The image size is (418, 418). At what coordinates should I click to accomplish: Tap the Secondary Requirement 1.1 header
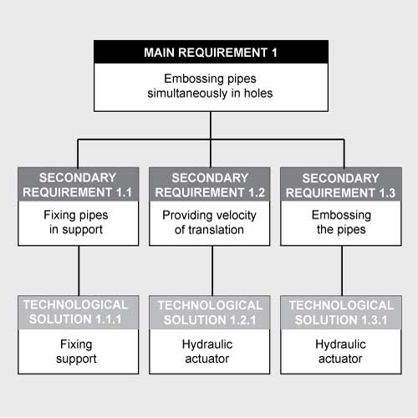[78, 184]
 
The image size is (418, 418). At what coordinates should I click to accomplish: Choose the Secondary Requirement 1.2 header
[209, 184]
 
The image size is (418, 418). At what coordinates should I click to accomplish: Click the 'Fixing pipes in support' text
[78, 222]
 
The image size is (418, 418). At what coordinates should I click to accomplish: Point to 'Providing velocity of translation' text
[209, 222]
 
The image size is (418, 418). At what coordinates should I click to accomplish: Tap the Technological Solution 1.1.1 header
[78, 311]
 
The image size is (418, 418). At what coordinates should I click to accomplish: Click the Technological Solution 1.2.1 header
[209, 311]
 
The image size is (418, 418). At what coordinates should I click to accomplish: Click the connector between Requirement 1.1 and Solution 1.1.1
[78, 271]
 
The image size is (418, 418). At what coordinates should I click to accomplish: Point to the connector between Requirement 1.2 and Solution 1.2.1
[212, 271]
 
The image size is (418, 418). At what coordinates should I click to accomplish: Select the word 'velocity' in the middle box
[234, 215]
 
